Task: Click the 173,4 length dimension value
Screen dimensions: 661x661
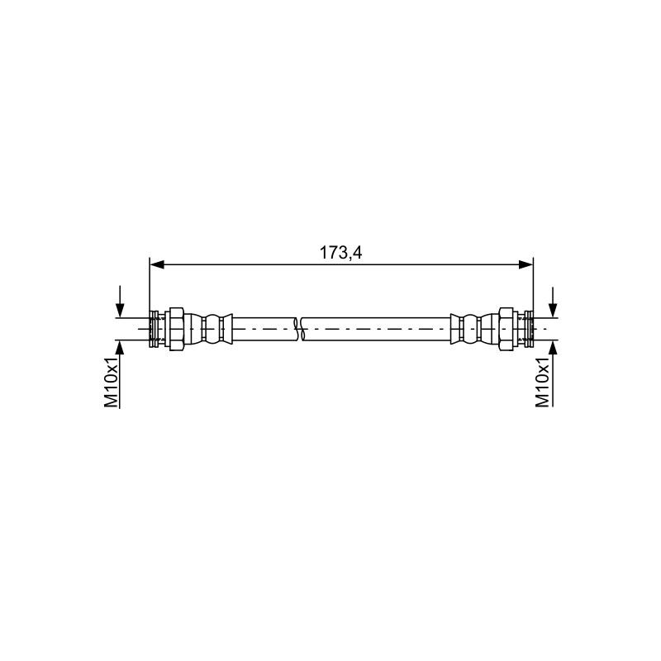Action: [x=340, y=253]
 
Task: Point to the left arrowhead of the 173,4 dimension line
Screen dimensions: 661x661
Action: [x=157, y=264]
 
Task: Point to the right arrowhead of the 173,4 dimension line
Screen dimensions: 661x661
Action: [x=525, y=264]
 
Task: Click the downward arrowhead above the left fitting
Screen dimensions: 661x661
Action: [x=120, y=311]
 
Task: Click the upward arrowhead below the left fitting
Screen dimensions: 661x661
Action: [x=120, y=346]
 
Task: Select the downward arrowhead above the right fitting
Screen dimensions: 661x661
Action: [x=553, y=311]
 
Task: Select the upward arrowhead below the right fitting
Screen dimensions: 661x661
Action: [x=553, y=346]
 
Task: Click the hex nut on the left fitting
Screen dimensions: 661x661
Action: [x=176, y=328]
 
